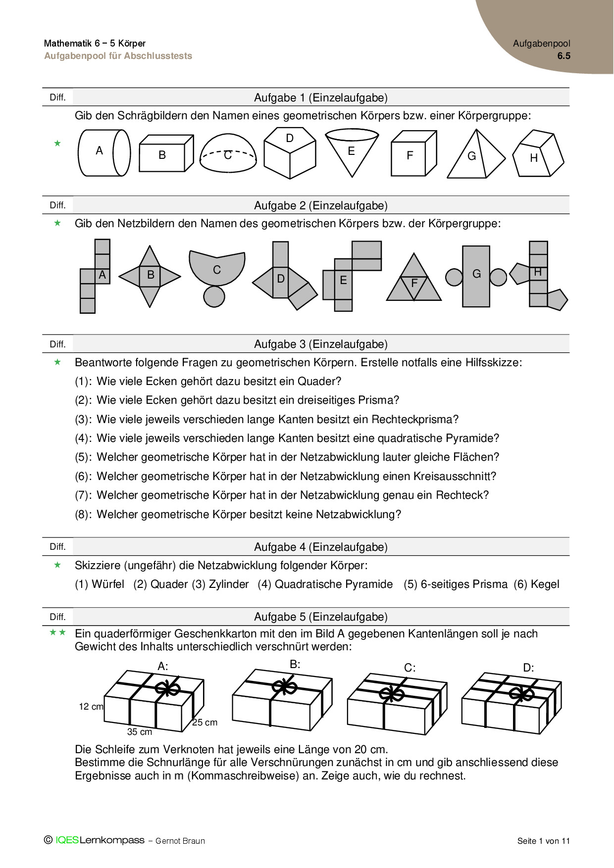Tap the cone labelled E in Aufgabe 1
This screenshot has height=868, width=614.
point(352,151)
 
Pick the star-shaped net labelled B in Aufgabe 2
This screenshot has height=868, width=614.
point(150,276)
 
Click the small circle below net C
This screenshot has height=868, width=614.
point(214,296)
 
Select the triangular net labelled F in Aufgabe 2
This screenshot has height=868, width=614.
point(414,280)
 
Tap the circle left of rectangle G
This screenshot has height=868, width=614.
point(454,277)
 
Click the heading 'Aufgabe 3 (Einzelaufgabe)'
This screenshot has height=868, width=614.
point(320,344)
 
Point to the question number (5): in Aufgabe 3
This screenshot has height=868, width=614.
point(83,457)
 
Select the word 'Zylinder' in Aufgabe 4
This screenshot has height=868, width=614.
point(229,584)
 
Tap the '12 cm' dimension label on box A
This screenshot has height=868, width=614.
point(91,707)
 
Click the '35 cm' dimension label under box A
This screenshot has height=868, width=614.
point(140,732)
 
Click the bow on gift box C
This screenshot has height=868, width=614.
point(392,693)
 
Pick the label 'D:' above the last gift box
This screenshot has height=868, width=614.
point(528,668)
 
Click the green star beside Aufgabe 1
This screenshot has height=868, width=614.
point(57,144)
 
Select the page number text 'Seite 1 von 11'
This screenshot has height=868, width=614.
point(543,841)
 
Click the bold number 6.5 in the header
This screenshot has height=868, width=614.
point(563,56)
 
